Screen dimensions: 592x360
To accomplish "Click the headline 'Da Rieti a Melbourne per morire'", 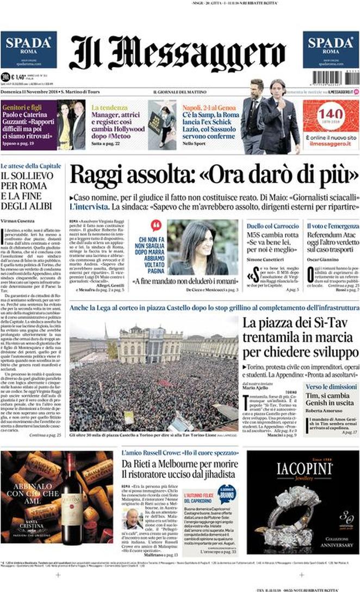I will pyautogui.click(x=180, y=464).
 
